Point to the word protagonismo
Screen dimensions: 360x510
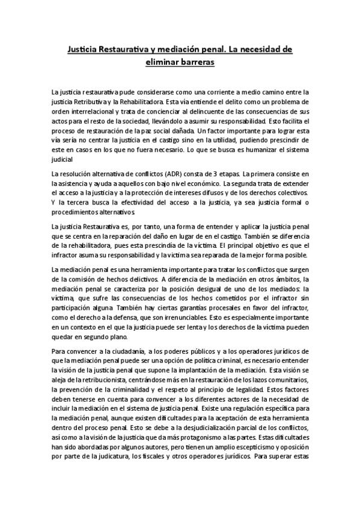207,432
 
